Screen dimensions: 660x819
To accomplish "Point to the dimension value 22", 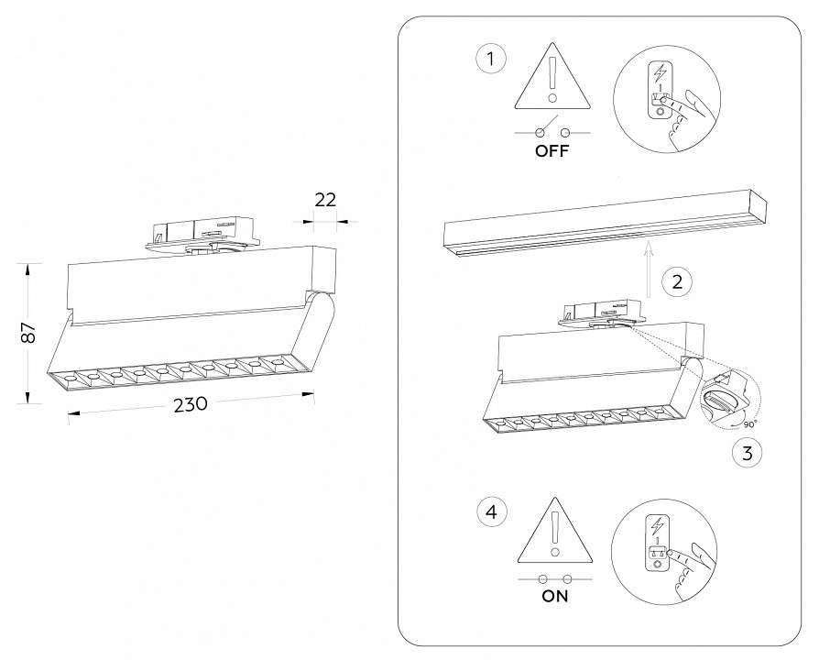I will pyautogui.click(x=325, y=199).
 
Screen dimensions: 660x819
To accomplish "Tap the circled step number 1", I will pyautogui.click(x=491, y=60).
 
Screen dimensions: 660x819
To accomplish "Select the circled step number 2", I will pyautogui.click(x=677, y=281).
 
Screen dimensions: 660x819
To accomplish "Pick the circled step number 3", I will pyautogui.click(x=747, y=452).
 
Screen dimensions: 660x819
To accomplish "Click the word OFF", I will pyautogui.click(x=552, y=152).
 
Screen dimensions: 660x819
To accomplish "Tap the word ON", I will pyautogui.click(x=554, y=596).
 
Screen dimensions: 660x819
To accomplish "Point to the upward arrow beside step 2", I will pyautogui.click(x=648, y=268).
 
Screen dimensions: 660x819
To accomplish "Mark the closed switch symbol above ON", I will pyautogui.click(x=554, y=578).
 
